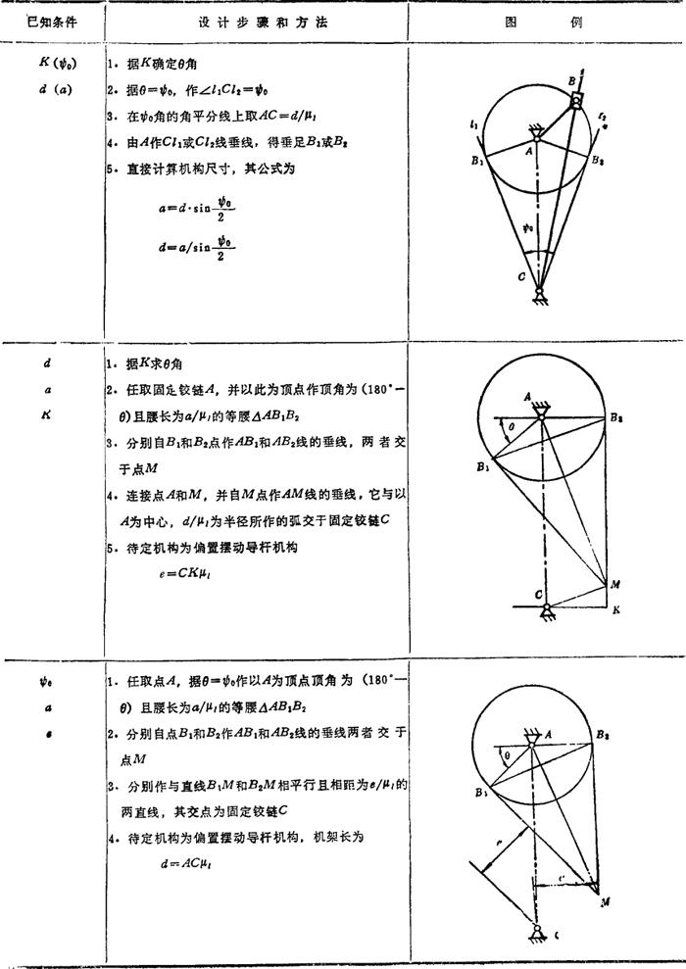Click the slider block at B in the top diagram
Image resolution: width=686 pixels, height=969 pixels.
point(575,101)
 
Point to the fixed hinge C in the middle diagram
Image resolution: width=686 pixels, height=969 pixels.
point(540,606)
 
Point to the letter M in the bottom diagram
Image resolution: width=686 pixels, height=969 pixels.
point(605,899)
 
